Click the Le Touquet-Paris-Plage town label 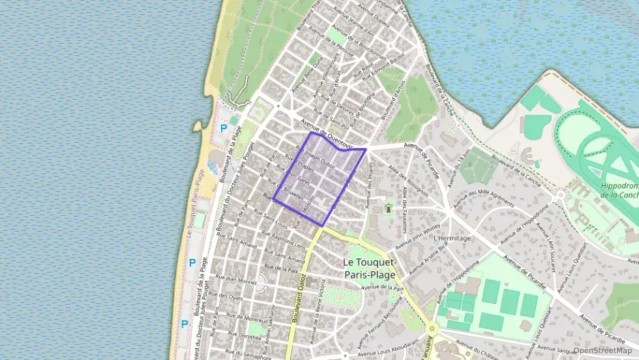(369, 268)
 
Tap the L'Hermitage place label (452, 238)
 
